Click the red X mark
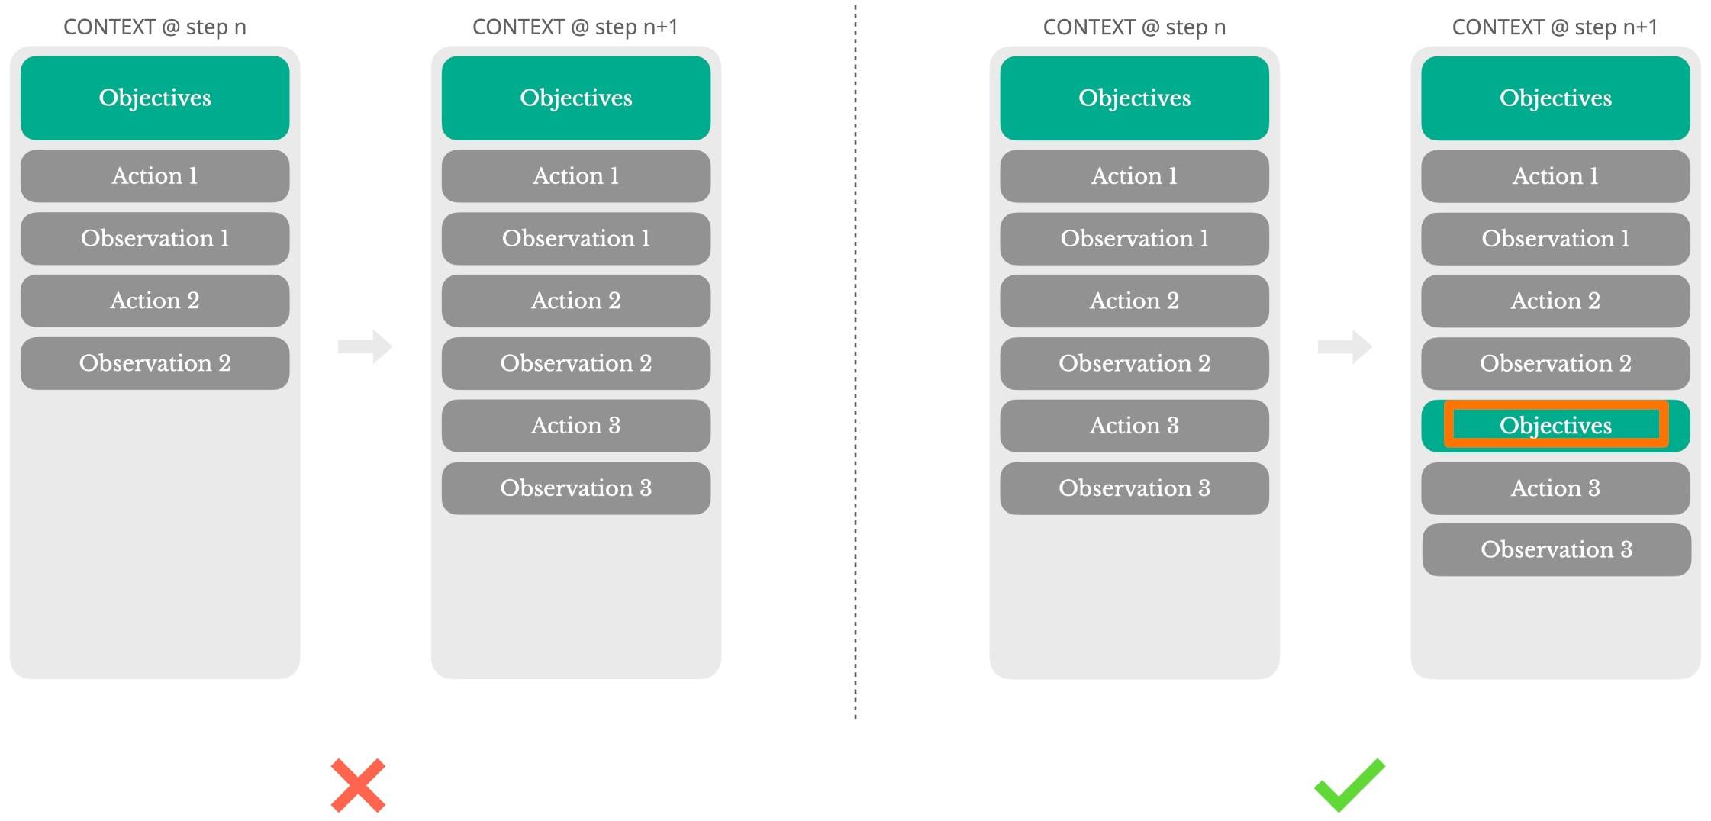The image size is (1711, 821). click(358, 785)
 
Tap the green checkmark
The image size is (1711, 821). click(1349, 785)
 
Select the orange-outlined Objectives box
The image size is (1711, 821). click(1555, 426)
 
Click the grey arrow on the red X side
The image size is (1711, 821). click(365, 347)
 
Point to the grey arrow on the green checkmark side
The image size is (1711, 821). click(1345, 347)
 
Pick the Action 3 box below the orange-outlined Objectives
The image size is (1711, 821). click(1555, 488)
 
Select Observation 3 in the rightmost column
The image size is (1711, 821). click(1557, 549)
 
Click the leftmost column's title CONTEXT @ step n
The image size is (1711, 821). click(155, 27)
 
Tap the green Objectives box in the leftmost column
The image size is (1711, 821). click(155, 98)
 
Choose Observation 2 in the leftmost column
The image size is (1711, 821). click(155, 363)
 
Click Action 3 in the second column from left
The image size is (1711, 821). click(576, 426)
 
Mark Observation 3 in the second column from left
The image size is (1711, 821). click(576, 488)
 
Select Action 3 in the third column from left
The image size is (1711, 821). click(1135, 426)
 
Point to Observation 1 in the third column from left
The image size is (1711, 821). click(1135, 239)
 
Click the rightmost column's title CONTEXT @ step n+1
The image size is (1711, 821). click(1555, 27)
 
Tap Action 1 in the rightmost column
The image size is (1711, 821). click(1555, 176)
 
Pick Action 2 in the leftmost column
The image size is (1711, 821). click(155, 301)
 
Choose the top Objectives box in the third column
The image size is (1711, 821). click(1135, 98)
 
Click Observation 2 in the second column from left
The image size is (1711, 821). click(576, 363)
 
